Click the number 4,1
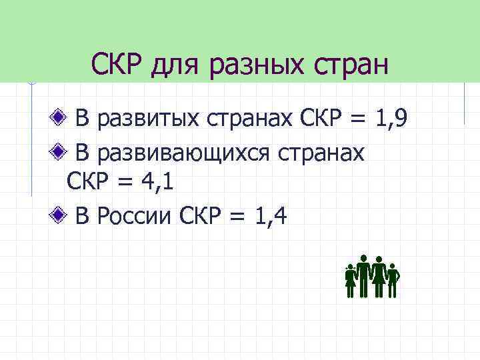pyautogui.click(x=154, y=181)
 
